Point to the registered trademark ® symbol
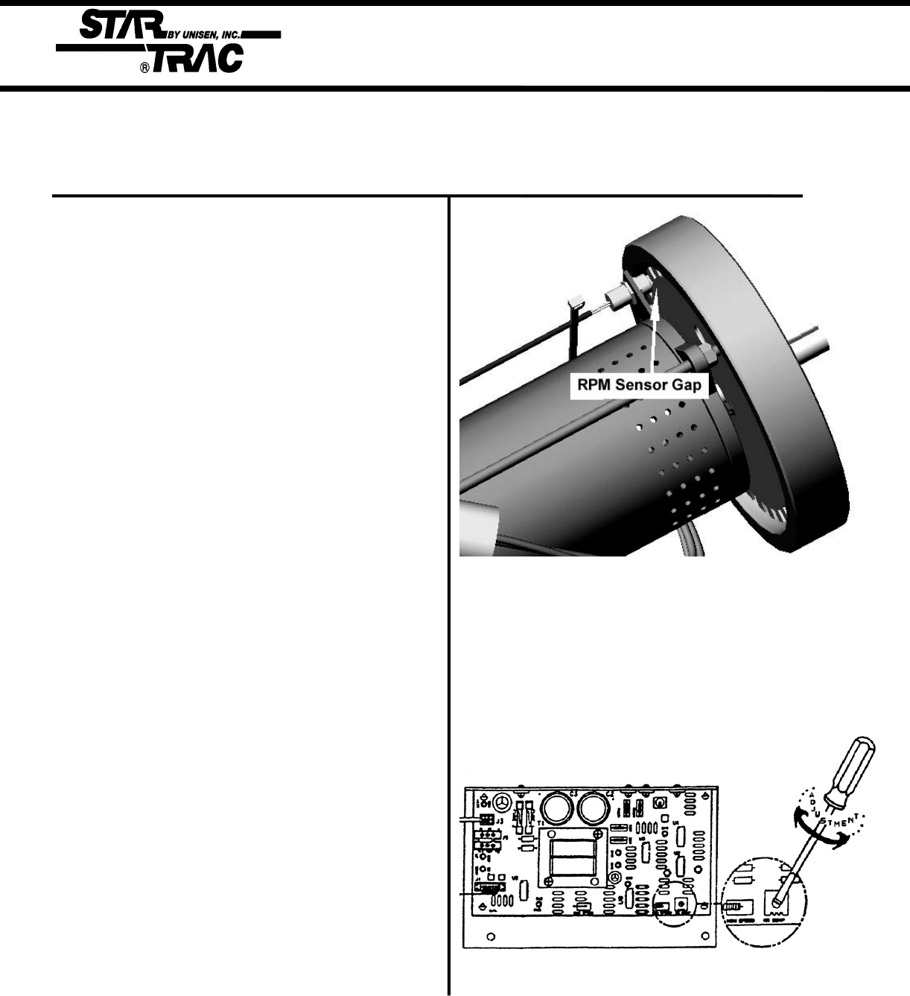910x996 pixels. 146,66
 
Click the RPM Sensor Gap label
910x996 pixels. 638,387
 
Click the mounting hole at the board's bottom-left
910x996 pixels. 490,936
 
